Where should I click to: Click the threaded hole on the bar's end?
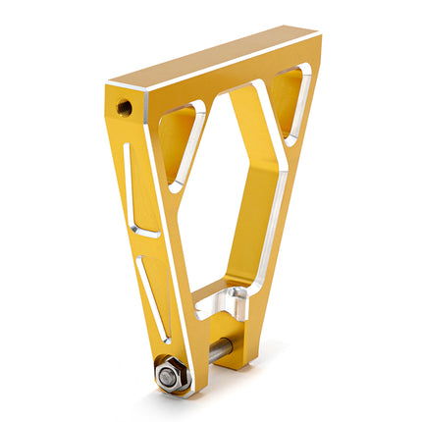tap(125, 105)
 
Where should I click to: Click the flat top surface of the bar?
tap(216, 59)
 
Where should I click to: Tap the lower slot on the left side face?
tap(154, 294)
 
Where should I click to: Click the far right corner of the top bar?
tap(319, 36)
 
